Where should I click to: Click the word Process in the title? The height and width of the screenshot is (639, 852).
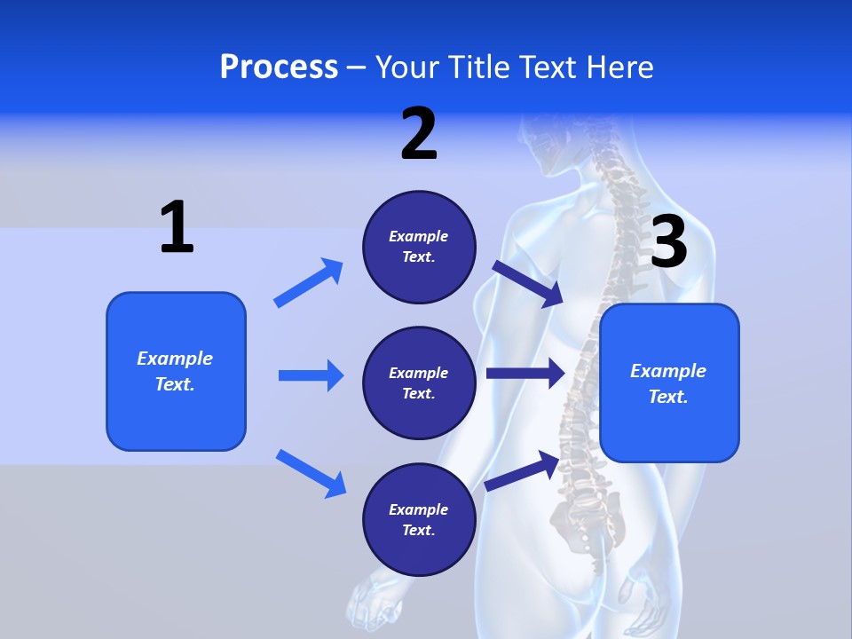click(x=279, y=67)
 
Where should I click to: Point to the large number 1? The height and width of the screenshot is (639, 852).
click(x=177, y=227)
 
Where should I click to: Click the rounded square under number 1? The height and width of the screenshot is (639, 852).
click(x=176, y=371)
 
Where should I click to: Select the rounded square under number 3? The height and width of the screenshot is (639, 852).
click(x=669, y=383)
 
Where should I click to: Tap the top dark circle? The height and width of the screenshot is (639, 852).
click(x=419, y=247)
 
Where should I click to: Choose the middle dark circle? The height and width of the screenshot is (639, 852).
click(x=419, y=383)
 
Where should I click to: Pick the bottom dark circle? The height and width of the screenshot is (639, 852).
click(x=419, y=519)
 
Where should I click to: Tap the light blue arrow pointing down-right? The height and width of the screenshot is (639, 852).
click(x=311, y=472)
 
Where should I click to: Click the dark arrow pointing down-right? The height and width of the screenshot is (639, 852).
click(x=527, y=283)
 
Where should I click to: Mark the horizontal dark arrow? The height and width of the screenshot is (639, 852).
click(x=525, y=374)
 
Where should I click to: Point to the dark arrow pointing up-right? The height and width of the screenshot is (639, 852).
click(x=522, y=470)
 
